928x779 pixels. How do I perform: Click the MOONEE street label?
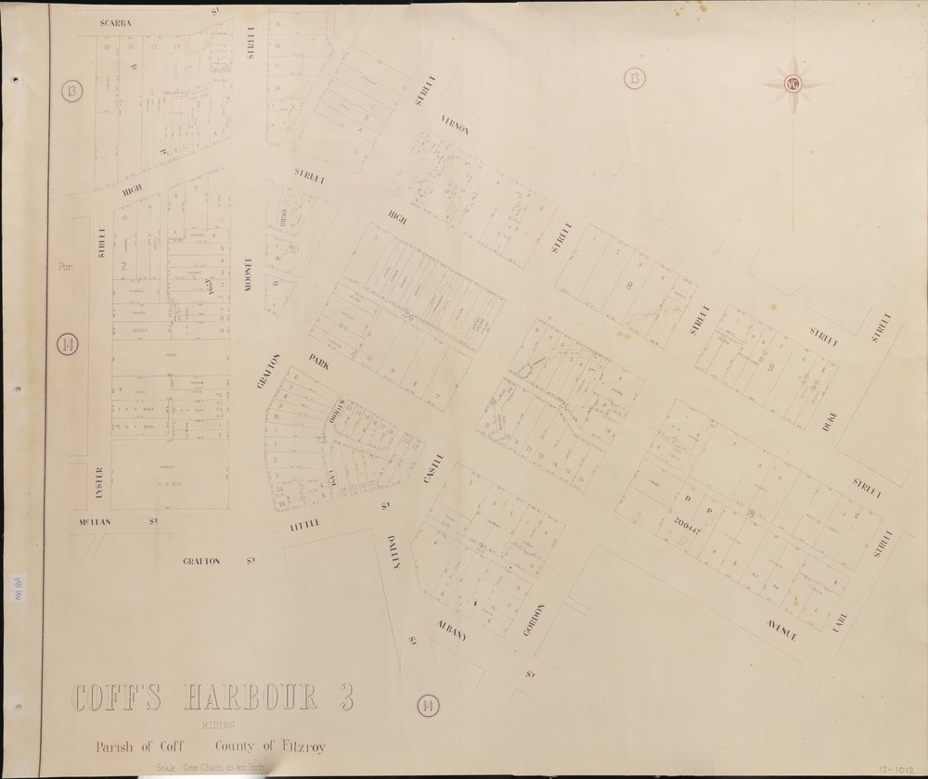[249, 275]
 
